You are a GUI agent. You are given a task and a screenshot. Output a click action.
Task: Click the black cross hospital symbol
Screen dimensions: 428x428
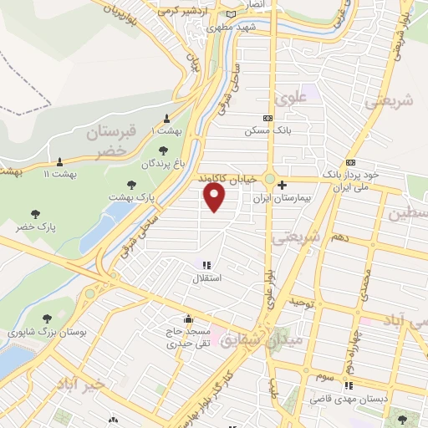point(283,185)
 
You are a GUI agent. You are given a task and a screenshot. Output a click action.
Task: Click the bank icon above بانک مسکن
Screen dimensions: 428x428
point(267,119)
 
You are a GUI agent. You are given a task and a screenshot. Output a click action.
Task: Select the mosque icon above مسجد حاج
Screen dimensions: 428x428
point(189,318)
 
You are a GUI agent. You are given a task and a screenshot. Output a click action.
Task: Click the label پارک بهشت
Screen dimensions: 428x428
point(132,196)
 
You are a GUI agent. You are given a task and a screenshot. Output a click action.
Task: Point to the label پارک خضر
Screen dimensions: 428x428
point(33,227)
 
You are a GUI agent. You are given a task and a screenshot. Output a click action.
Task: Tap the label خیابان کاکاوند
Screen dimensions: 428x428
point(227,178)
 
